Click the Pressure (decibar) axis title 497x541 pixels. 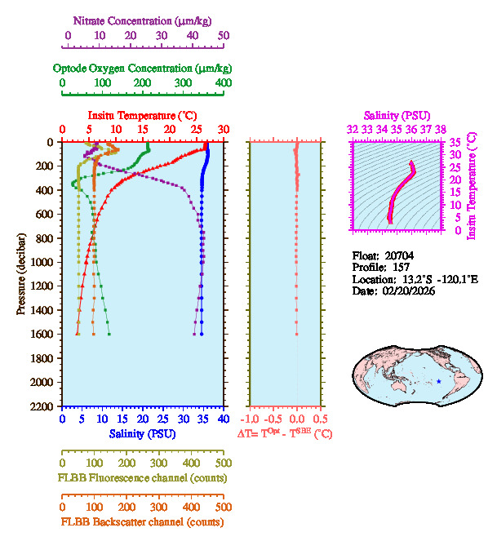click(x=21, y=274)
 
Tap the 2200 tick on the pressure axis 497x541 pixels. click(x=42, y=406)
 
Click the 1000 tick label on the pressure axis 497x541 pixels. click(x=42, y=262)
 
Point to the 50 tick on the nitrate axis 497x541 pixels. click(x=224, y=36)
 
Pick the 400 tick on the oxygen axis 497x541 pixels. click(x=223, y=82)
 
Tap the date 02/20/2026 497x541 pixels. click(x=406, y=291)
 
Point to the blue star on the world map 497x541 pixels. click(x=438, y=382)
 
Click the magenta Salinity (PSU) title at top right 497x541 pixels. click(x=397, y=116)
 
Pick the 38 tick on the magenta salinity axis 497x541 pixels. click(x=441, y=129)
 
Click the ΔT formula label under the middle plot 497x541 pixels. click(x=285, y=434)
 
